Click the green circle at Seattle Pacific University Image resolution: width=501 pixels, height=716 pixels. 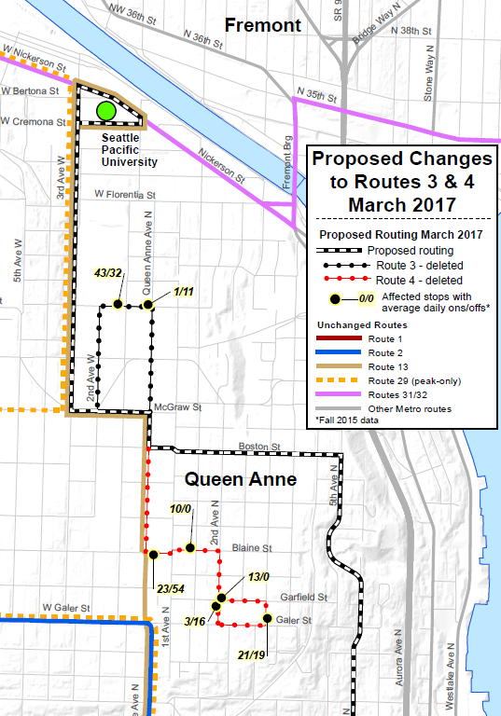(x=105, y=111)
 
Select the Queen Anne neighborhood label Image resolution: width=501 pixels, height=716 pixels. (x=240, y=480)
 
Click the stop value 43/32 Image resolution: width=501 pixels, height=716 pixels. (x=109, y=273)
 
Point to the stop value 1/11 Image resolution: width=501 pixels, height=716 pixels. (x=182, y=293)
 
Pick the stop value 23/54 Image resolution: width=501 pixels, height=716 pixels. (x=171, y=588)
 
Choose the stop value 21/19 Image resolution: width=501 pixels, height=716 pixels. (x=253, y=655)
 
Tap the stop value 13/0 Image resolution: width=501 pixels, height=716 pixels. (x=258, y=578)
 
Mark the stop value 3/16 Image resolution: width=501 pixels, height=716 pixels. (x=194, y=621)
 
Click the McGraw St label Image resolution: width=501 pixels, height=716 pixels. (x=174, y=407)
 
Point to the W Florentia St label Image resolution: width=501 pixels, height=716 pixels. (x=125, y=195)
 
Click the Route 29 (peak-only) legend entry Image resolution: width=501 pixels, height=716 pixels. (x=411, y=380)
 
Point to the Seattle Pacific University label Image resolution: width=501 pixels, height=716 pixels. (x=129, y=149)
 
